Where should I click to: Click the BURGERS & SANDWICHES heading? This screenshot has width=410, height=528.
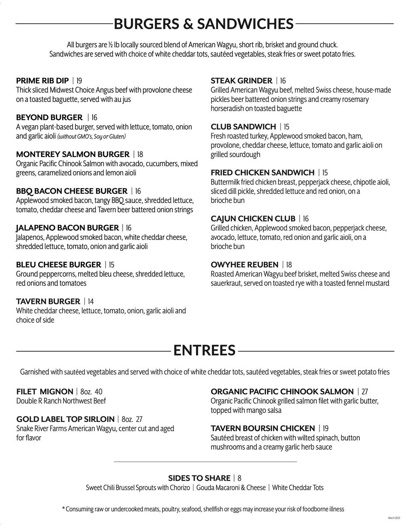click(204, 24)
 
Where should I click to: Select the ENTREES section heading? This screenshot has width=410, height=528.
click(205, 350)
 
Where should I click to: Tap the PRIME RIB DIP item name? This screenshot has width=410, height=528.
click(42, 81)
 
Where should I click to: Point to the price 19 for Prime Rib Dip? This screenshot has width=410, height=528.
click(79, 81)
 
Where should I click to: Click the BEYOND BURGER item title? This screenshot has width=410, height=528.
click(49, 118)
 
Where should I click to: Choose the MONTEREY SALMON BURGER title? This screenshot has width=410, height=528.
click(72, 154)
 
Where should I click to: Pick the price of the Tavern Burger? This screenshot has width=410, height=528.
click(91, 301)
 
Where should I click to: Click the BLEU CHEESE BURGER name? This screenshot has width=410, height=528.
click(59, 264)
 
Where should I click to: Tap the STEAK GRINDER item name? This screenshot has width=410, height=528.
click(241, 81)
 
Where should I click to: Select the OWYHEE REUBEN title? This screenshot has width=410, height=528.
click(244, 264)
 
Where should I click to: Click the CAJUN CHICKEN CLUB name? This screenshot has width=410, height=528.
click(253, 218)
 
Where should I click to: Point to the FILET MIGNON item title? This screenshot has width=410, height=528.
click(45, 391)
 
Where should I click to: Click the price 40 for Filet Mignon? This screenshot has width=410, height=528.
click(99, 391)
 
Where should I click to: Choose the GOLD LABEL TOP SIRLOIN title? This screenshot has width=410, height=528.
click(65, 419)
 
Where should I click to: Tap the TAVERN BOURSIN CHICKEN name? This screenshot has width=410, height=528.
click(262, 428)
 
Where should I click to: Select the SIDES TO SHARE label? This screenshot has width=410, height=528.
click(199, 478)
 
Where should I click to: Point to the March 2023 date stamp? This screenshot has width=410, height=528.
click(394, 519)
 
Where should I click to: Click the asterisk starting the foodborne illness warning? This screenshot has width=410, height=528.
click(63, 509)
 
